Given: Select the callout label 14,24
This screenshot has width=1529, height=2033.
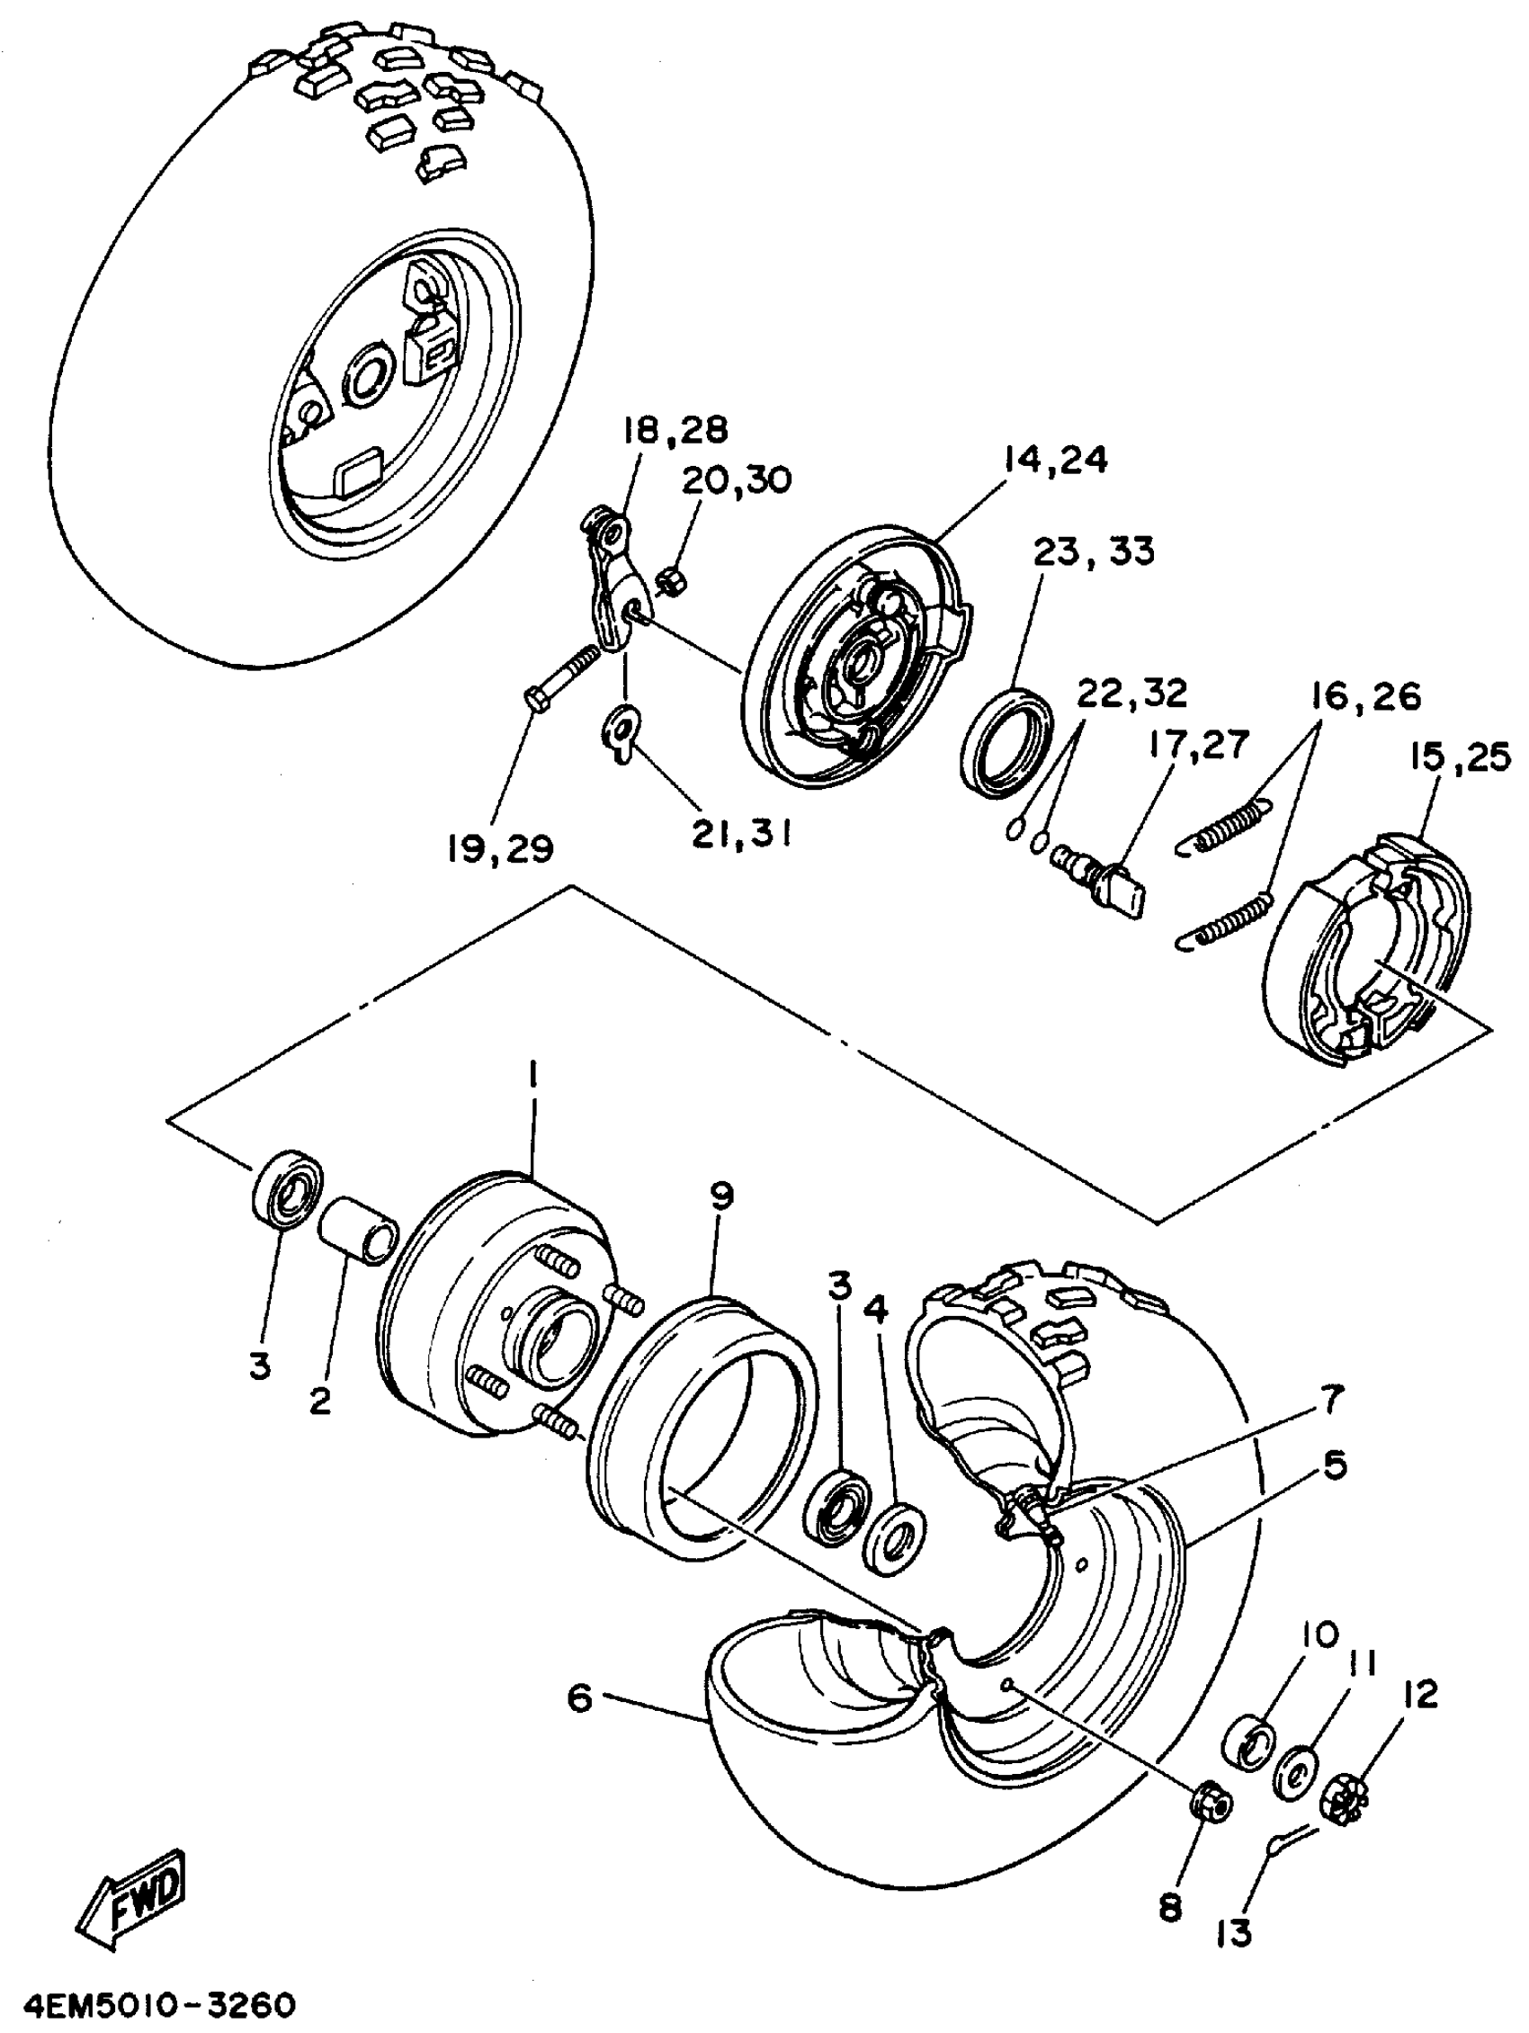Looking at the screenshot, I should tap(1055, 461).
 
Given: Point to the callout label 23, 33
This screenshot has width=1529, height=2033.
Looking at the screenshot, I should tap(1094, 552).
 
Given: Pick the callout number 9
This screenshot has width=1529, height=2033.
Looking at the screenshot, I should tap(722, 1196).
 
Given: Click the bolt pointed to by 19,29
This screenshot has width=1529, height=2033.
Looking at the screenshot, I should tap(564, 677).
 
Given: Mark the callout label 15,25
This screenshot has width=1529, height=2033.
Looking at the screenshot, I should tap(1459, 758).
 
